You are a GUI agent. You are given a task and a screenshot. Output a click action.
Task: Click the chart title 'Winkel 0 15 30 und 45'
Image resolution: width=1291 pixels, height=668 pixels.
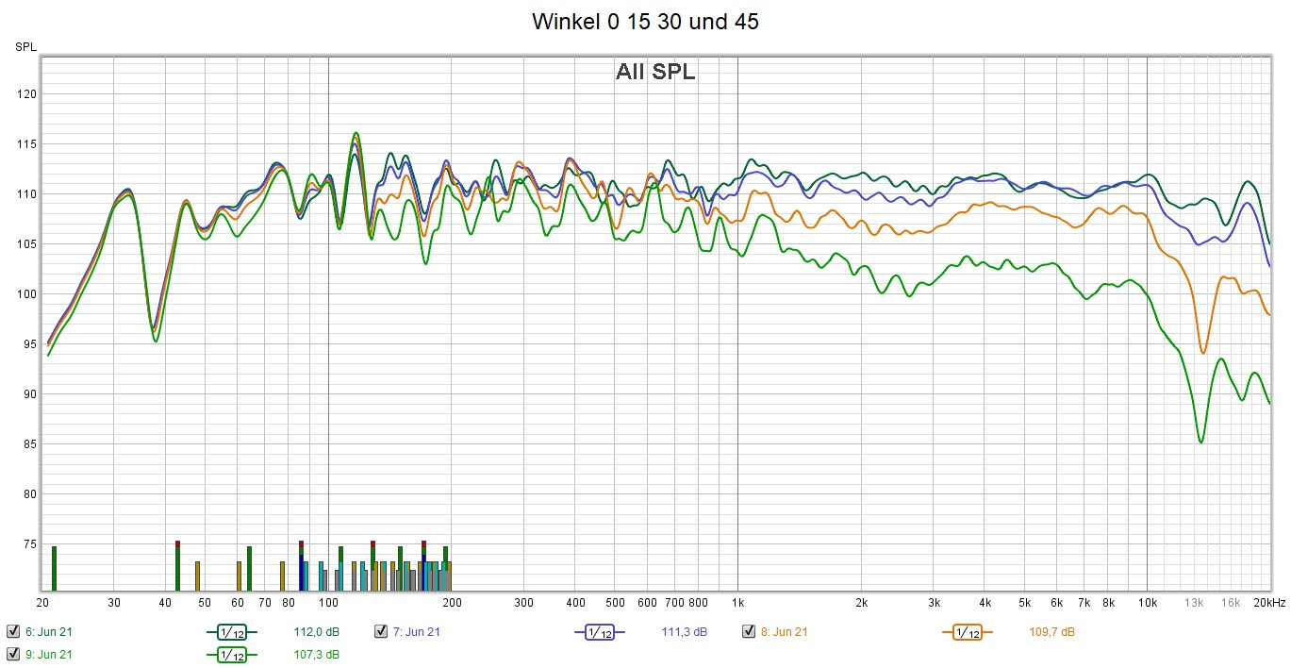(645, 22)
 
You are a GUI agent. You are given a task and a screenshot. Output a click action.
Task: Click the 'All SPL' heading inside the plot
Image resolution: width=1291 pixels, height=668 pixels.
(655, 72)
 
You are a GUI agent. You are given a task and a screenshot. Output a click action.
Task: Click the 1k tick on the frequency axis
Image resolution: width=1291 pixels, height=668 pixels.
(737, 603)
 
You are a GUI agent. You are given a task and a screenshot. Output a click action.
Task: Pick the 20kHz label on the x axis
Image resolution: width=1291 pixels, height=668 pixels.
(1269, 603)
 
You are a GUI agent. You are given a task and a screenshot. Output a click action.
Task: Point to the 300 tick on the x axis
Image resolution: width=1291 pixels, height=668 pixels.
(523, 603)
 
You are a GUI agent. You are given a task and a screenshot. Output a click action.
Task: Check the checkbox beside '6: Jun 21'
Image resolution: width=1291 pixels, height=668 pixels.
(13, 632)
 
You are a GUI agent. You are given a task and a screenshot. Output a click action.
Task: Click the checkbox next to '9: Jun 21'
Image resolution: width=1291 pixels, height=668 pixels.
(13, 654)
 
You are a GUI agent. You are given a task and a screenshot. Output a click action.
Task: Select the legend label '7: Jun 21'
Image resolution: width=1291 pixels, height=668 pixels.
(416, 632)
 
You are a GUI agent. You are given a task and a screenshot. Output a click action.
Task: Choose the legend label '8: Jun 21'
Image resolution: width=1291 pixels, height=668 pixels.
(784, 632)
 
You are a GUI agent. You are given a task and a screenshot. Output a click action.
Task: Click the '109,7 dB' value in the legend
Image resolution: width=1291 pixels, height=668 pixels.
(1051, 632)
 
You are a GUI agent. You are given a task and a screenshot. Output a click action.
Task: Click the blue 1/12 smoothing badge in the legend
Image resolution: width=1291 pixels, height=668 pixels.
(599, 632)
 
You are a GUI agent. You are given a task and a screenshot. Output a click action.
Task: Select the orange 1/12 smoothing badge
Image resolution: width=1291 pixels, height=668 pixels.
(967, 632)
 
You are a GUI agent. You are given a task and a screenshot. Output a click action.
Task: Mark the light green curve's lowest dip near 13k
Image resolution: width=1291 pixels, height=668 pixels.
(1200, 442)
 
